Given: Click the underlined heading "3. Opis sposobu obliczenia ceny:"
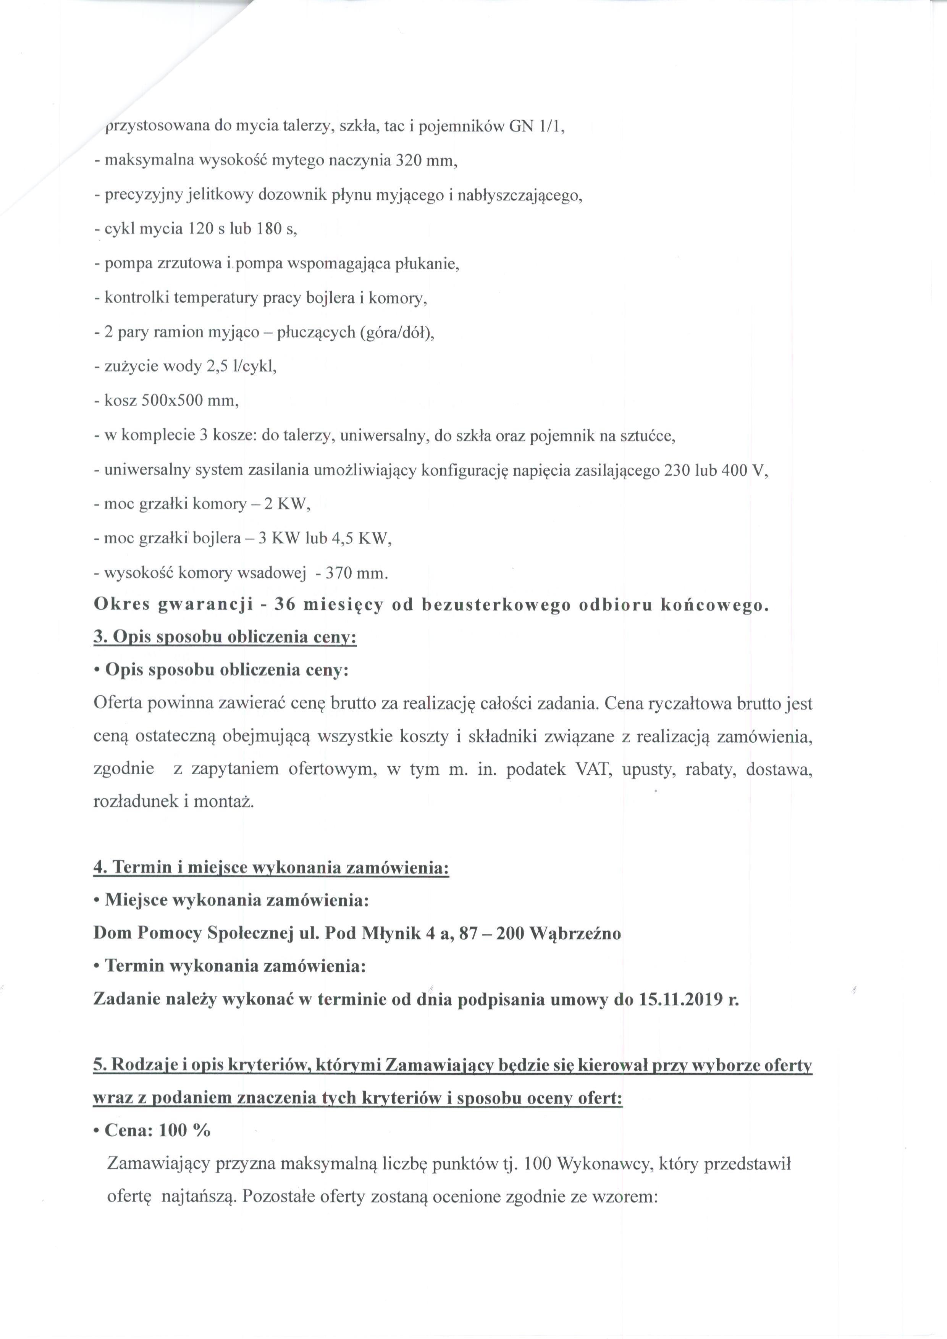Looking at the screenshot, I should click(x=225, y=637).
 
